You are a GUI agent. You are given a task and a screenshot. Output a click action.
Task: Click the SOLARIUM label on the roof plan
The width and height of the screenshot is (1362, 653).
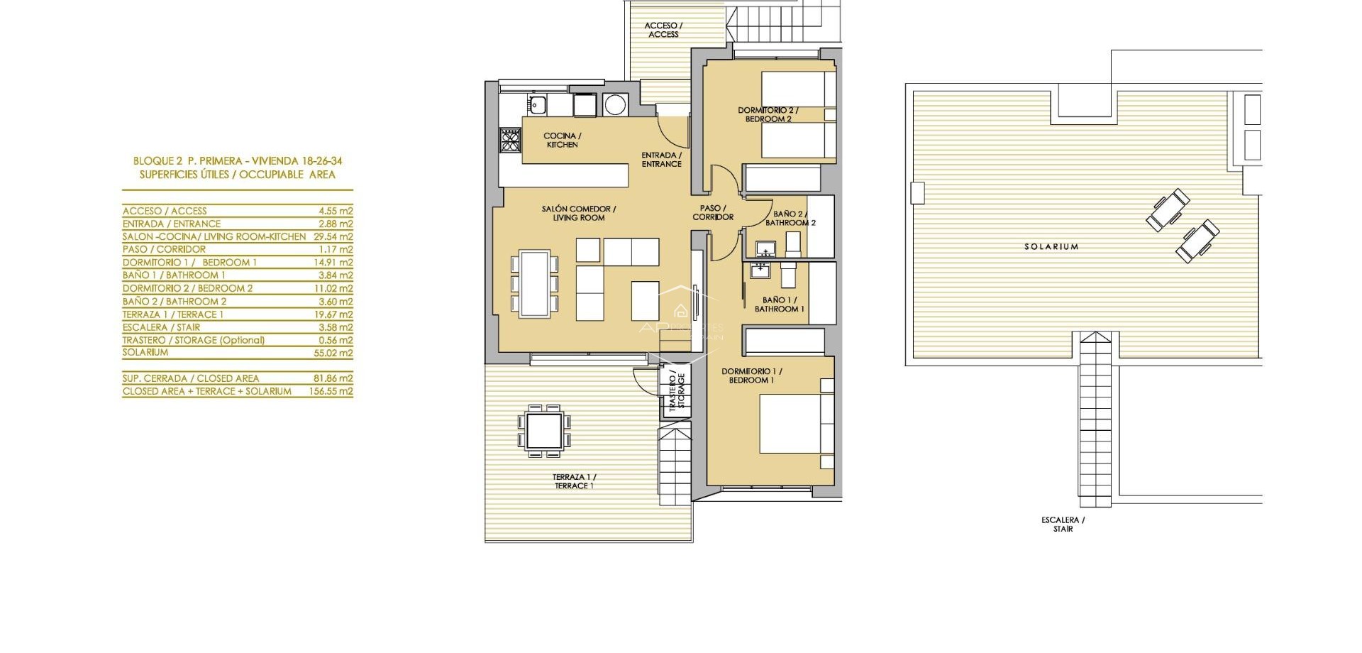point(1051,247)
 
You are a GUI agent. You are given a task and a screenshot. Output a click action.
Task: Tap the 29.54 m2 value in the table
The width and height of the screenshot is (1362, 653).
point(336,236)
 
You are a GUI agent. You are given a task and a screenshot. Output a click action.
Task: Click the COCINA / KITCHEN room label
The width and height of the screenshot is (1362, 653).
point(562,140)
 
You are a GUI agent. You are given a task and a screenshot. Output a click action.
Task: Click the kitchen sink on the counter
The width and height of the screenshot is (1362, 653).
point(536,105)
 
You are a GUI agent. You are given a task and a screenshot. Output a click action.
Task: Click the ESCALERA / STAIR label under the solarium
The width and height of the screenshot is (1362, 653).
point(1063,525)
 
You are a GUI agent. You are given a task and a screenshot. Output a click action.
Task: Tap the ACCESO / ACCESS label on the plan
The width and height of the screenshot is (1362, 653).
point(663,30)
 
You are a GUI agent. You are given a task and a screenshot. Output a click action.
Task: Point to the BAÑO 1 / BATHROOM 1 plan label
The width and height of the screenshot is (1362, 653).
point(779,304)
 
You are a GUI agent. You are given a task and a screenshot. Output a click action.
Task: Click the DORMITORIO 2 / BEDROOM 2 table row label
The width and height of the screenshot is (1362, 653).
point(187,288)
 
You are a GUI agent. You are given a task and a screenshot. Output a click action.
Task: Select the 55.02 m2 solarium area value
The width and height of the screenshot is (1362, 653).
point(336,353)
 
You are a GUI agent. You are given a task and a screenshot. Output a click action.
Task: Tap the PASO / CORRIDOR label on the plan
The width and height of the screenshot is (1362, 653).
point(712,212)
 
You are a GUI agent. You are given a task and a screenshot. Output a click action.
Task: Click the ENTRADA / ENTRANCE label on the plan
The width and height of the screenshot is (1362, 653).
point(661,160)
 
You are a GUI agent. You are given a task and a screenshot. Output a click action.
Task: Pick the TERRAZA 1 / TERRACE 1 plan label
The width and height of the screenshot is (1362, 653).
point(574,481)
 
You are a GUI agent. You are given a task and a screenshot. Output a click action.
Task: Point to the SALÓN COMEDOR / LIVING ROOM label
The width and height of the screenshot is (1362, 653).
point(578,213)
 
